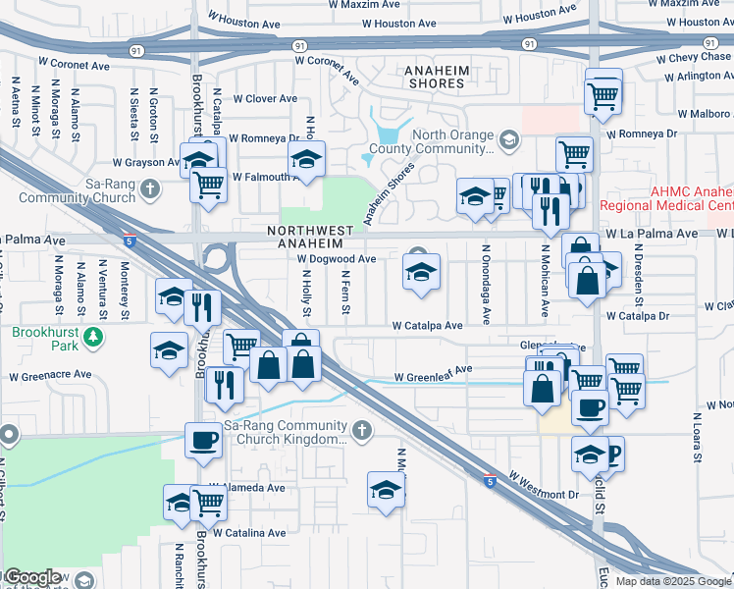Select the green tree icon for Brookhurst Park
tap(93, 338)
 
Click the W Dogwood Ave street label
tap(337, 259)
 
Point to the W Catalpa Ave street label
tap(427, 325)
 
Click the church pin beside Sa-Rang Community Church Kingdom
tap(362, 430)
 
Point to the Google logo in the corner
tap(31, 577)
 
